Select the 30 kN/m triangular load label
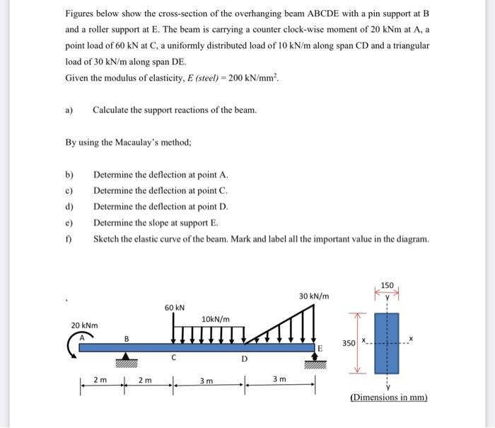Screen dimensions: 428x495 (313, 295)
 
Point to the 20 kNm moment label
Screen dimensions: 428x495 (85, 325)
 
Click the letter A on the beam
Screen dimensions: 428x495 (82, 338)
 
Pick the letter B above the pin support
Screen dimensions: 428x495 (127, 338)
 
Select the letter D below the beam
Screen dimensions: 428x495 (244, 359)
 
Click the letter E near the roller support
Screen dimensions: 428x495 (320, 349)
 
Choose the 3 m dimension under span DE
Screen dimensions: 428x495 (280, 380)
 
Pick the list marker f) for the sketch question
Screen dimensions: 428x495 (69, 239)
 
